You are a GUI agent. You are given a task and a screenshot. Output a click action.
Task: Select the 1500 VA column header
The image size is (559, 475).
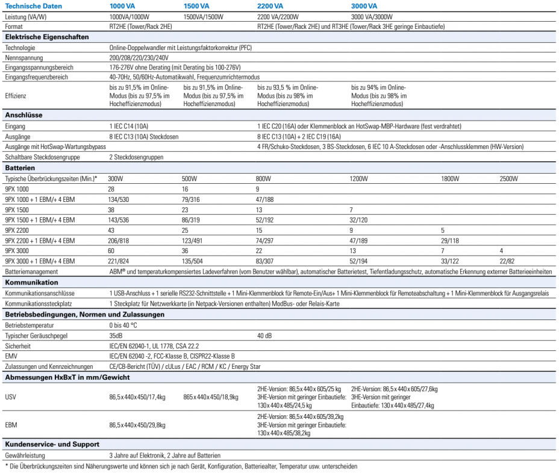[196, 5]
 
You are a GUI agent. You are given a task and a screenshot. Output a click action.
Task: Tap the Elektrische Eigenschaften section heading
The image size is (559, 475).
[46, 37]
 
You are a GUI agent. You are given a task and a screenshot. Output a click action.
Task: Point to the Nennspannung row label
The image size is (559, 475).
[22, 57]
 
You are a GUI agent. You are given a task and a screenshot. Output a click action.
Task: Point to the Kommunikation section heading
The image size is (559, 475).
[31, 282]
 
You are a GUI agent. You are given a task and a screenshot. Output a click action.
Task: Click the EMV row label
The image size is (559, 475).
[11, 357]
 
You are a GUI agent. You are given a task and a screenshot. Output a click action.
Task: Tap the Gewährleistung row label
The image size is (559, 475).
[27, 455]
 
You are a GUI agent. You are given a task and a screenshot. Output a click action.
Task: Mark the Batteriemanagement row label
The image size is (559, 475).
[31, 271]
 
